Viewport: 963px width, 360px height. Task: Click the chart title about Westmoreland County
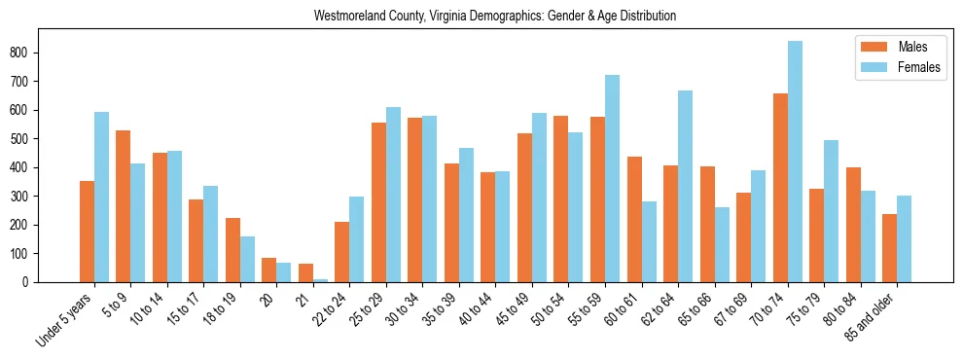[x=495, y=17]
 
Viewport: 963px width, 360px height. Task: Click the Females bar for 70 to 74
[x=795, y=162]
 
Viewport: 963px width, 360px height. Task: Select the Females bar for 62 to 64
[x=685, y=186]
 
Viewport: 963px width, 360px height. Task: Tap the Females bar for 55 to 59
[x=612, y=178]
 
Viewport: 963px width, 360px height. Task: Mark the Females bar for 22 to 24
[x=357, y=239]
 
